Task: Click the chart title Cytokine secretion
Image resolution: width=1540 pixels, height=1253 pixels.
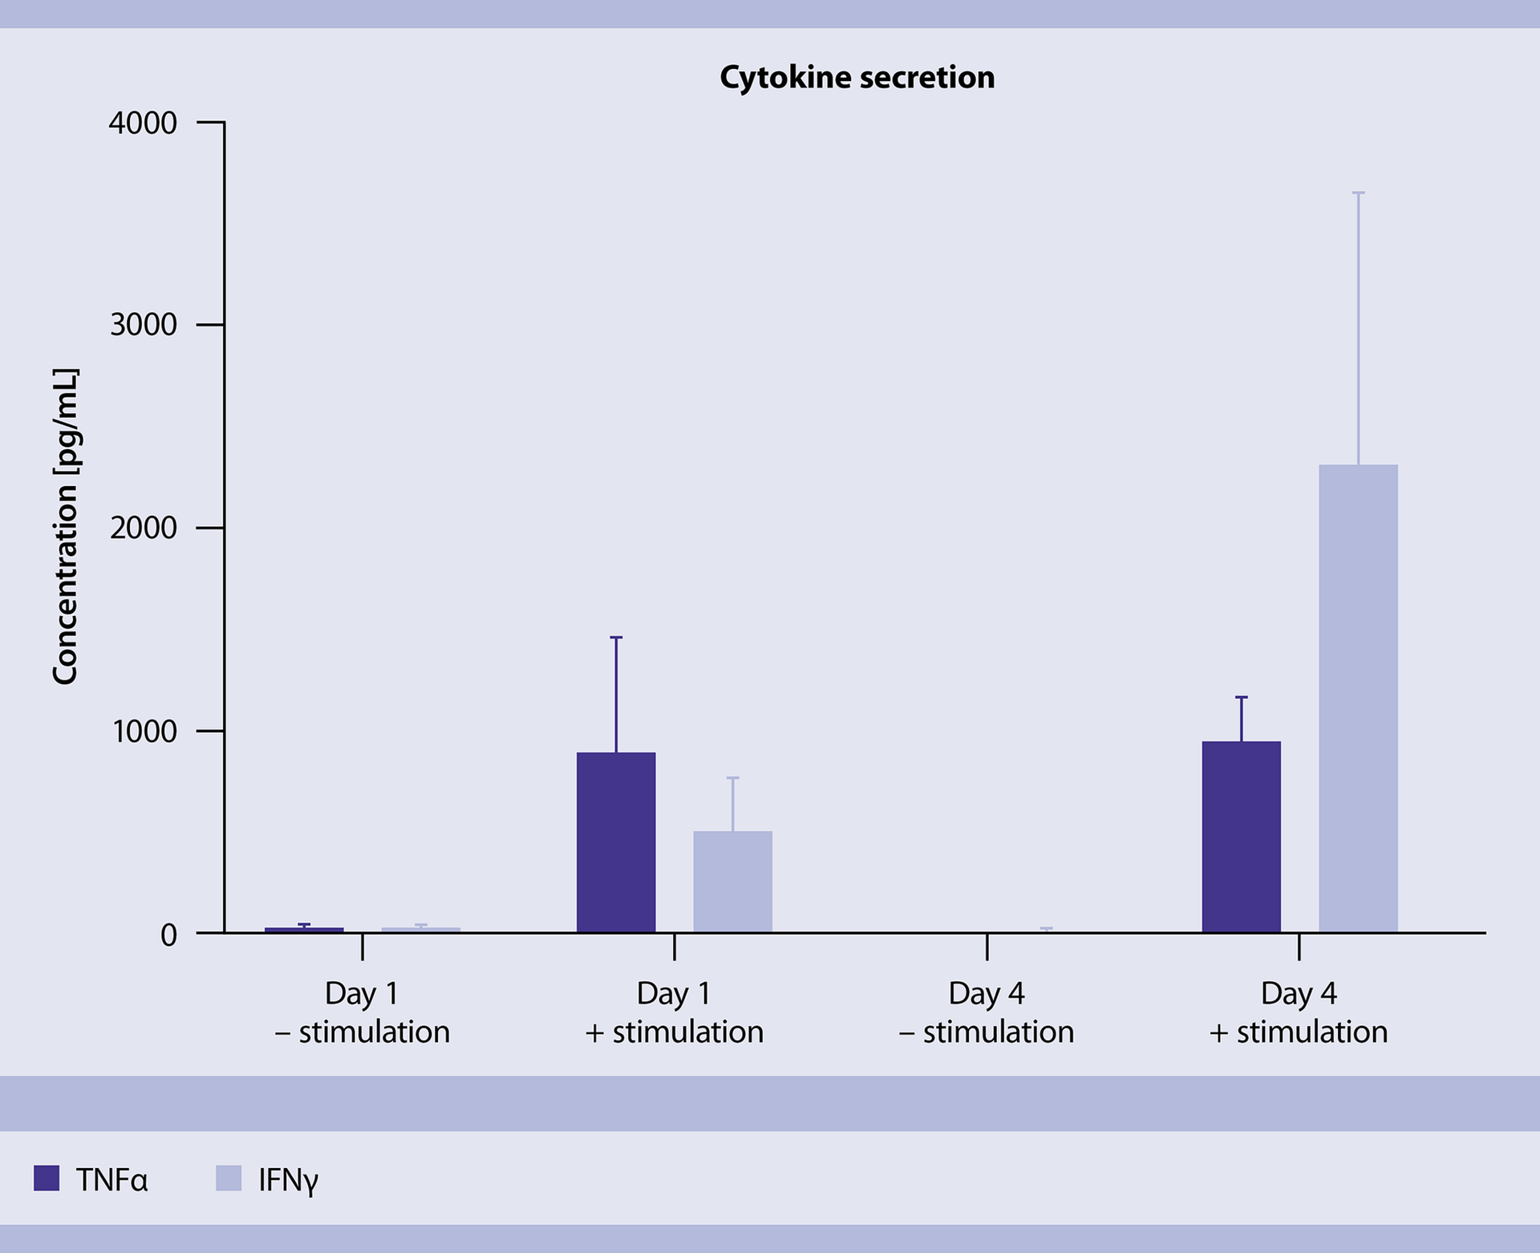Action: (857, 77)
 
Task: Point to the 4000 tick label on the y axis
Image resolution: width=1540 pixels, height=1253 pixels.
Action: (143, 123)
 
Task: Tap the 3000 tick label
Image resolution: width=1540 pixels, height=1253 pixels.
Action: (143, 325)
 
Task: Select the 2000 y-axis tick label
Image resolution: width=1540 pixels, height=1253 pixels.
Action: (143, 528)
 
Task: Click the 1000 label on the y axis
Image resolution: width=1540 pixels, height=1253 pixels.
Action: (143, 732)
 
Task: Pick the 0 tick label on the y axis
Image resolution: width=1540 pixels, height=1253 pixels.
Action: (168, 935)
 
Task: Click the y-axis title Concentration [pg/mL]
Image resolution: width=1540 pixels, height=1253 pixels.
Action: (65, 526)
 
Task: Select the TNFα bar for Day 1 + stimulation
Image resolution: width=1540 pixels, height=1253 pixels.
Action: (616, 842)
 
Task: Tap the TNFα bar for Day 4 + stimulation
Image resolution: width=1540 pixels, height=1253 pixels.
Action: (1241, 836)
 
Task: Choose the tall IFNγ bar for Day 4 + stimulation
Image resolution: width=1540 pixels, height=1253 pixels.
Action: (1358, 698)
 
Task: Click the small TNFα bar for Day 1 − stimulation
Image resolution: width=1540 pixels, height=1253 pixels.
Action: (304, 930)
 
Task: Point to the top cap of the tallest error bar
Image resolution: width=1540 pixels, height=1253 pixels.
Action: (1358, 193)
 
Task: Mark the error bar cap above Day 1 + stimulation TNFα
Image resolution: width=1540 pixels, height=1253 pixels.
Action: (616, 638)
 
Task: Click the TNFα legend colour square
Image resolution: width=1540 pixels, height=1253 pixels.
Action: (47, 1178)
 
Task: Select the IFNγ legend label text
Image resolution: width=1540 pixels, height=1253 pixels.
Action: (288, 1180)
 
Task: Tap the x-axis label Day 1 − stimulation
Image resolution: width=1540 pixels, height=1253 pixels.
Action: (362, 1012)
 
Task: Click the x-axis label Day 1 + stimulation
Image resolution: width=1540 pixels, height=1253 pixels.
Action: (674, 1012)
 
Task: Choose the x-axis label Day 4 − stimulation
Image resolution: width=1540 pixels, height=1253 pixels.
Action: (987, 1012)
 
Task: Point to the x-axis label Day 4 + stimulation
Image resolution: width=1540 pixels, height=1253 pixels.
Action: (1299, 1012)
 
